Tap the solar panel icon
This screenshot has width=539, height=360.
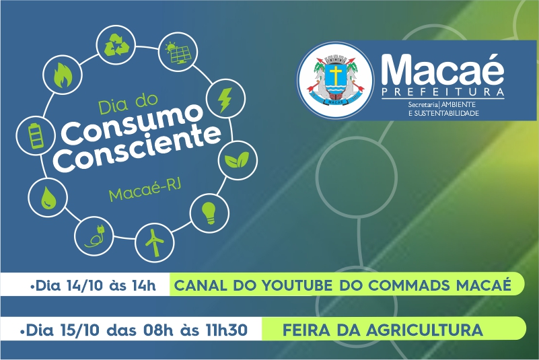178,53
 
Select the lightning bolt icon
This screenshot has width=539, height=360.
225,100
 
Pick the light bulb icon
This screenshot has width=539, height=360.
209,213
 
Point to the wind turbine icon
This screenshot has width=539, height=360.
154,242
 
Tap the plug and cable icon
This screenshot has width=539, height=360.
94,237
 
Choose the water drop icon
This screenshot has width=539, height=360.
47,198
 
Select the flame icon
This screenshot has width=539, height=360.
61,75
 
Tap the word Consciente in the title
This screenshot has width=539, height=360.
138,149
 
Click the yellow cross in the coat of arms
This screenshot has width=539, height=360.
334,75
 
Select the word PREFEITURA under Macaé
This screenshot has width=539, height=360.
443,92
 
